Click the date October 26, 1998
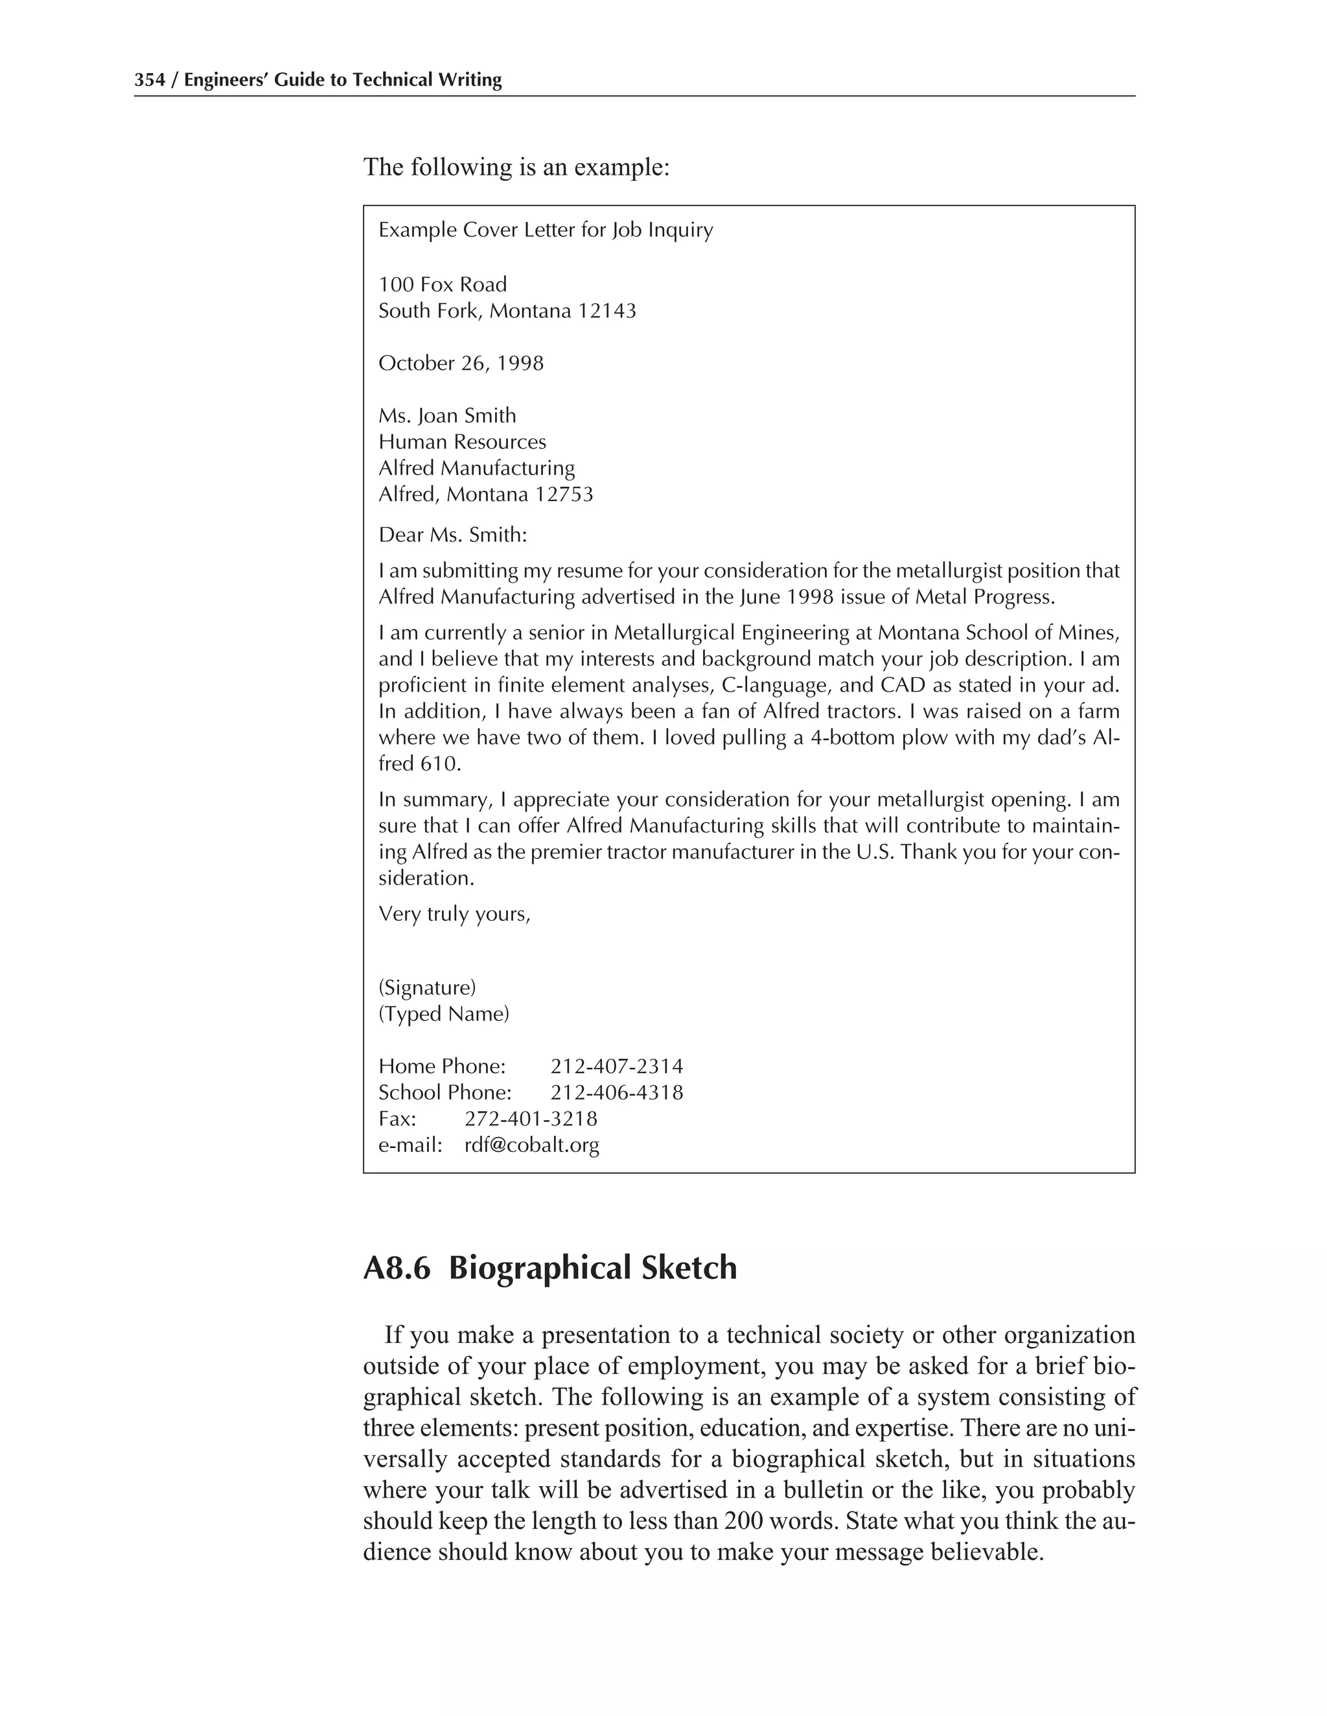461,363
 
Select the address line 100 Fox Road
443,284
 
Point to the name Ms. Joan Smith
447,416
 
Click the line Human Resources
462,442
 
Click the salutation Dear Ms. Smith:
453,535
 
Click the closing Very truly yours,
454,914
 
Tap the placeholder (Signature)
427,987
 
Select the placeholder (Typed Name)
444,1013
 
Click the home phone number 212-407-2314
616,1067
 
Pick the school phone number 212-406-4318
616,1092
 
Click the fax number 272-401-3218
531,1119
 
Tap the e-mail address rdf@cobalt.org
531,1145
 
